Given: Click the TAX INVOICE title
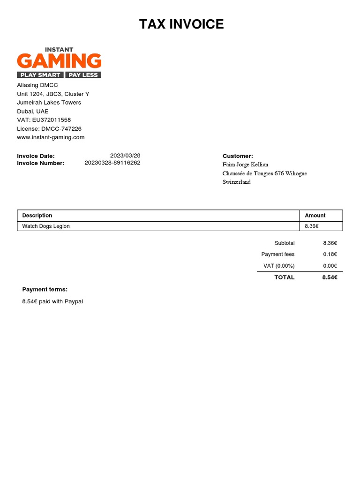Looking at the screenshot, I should click(x=181, y=24).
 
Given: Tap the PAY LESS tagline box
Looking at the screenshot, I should click(x=83, y=75).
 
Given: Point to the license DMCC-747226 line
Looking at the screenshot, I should click(x=49, y=128).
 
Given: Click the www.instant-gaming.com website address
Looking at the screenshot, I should click(x=51, y=137).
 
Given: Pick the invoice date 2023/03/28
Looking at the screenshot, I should click(x=125, y=156).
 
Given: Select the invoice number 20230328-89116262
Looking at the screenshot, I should click(x=112, y=163).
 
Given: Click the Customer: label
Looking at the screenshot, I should click(x=238, y=156).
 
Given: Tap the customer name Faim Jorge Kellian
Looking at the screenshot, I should click(x=245, y=165).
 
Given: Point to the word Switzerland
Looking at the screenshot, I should click(x=236, y=182).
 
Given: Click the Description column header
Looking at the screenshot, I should click(x=37, y=216).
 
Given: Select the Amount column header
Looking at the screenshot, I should click(x=315, y=216).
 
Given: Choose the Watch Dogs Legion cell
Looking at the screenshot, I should click(x=46, y=226).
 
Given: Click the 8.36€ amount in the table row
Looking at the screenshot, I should click(x=312, y=226).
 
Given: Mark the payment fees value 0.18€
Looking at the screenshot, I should click(x=330, y=254).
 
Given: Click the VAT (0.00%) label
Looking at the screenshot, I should click(x=279, y=266).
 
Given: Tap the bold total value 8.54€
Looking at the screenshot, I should click(x=330, y=277).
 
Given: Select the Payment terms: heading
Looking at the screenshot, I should click(x=45, y=289).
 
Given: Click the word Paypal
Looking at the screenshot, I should click(x=75, y=301).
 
